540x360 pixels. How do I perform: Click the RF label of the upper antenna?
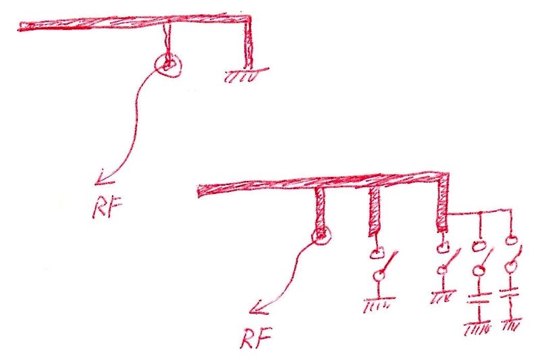click(x=107, y=208)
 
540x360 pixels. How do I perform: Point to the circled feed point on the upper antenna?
click(x=167, y=65)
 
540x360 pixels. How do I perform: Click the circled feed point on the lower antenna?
click(x=321, y=235)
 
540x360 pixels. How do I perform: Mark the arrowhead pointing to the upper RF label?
click(x=103, y=177)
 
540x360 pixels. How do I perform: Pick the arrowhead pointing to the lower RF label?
click(x=259, y=307)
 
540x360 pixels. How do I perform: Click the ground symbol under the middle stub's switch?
click(x=379, y=303)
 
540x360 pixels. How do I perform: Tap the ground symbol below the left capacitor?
click(x=477, y=329)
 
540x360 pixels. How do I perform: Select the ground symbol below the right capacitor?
click(x=512, y=324)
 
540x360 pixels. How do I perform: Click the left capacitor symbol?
click(x=479, y=299)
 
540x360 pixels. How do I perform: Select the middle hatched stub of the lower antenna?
click(x=375, y=211)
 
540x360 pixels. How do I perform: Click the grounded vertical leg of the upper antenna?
click(x=248, y=43)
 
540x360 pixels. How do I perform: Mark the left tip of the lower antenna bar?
click(x=198, y=191)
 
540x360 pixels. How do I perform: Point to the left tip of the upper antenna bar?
click(x=20, y=27)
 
